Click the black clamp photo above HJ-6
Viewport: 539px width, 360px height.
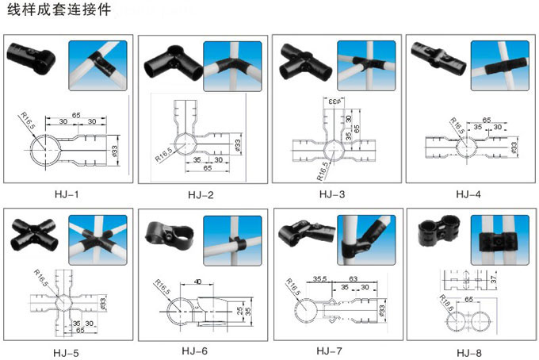click(x=169, y=232)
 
